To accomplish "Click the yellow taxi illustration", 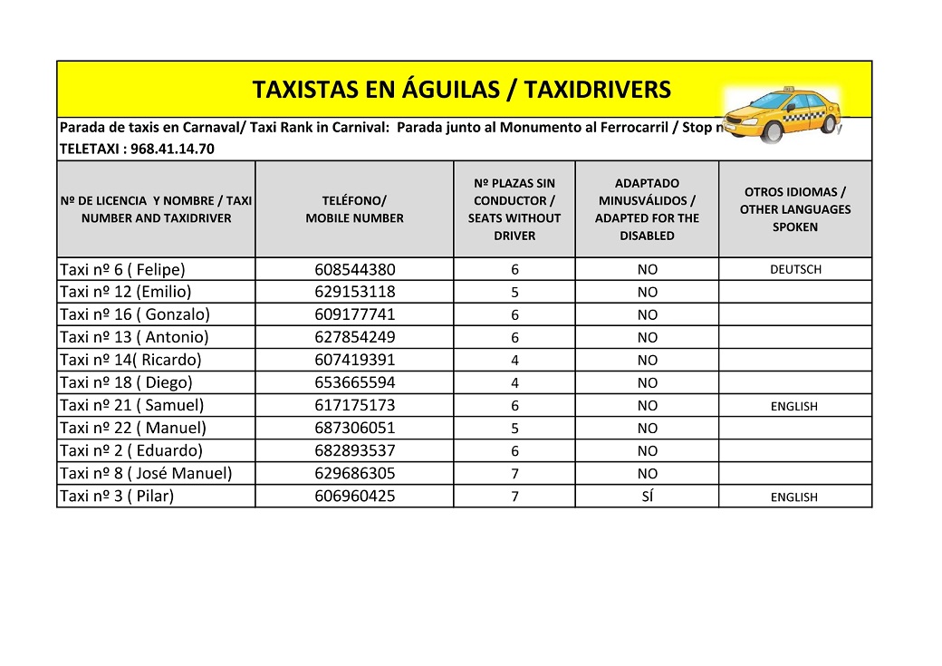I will pyautogui.click(x=784, y=115).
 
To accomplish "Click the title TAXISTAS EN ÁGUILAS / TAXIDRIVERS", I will pyautogui.click(x=461, y=90).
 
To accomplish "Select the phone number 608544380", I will pyautogui.click(x=355, y=270).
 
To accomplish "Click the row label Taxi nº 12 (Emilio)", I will pyautogui.click(x=125, y=292).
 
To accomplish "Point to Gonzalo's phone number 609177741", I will pyautogui.click(x=355, y=315).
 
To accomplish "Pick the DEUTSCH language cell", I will pyautogui.click(x=795, y=270).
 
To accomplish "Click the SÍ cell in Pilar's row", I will pyautogui.click(x=647, y=497).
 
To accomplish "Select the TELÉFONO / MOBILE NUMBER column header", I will pyautogui.click(x=354, y=209).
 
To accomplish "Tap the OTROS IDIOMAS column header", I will pyautogui.click(x=794, y=209).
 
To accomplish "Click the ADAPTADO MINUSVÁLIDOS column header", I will pyautogui.click(x=647, y=209).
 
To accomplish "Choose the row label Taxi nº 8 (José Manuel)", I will pyautogui.click(x=145, y=473).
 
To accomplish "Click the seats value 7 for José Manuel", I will pyautogui.click(x=514, y=474).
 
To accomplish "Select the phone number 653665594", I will pyautogui.click(x=355, y=383).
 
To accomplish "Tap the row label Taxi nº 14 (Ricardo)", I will pyautogui.click(x=130, y=360).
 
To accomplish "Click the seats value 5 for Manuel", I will pyautogui.click(x=514, y=429).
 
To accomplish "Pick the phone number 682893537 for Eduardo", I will pyautogui.click(x=355, y=451).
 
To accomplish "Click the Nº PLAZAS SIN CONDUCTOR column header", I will pyautogui.click(x=514, y=209).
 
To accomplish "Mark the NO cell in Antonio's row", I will pyautogui.click(x=647, y=338).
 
